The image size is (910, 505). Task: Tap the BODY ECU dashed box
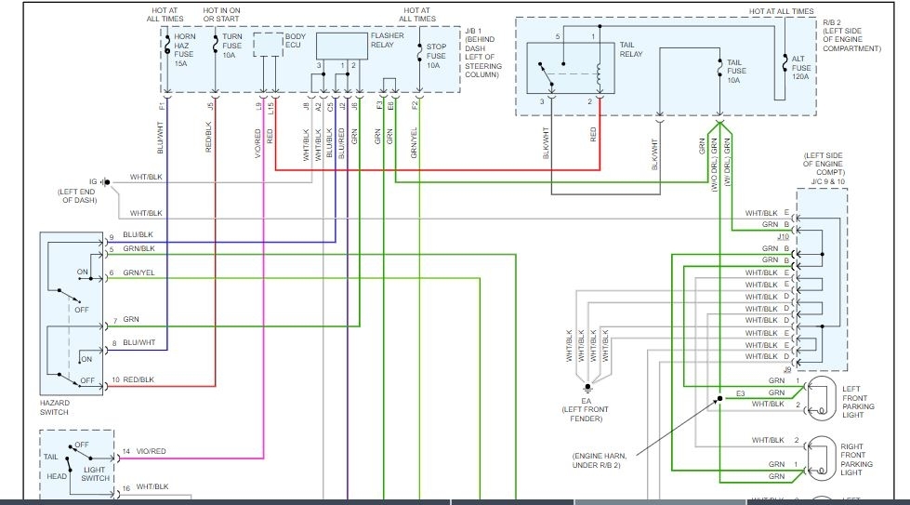270,46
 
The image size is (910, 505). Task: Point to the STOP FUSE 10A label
436,56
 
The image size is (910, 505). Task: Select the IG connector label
92,181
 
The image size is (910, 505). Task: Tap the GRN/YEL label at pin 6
140,272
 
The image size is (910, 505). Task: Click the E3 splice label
741,393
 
